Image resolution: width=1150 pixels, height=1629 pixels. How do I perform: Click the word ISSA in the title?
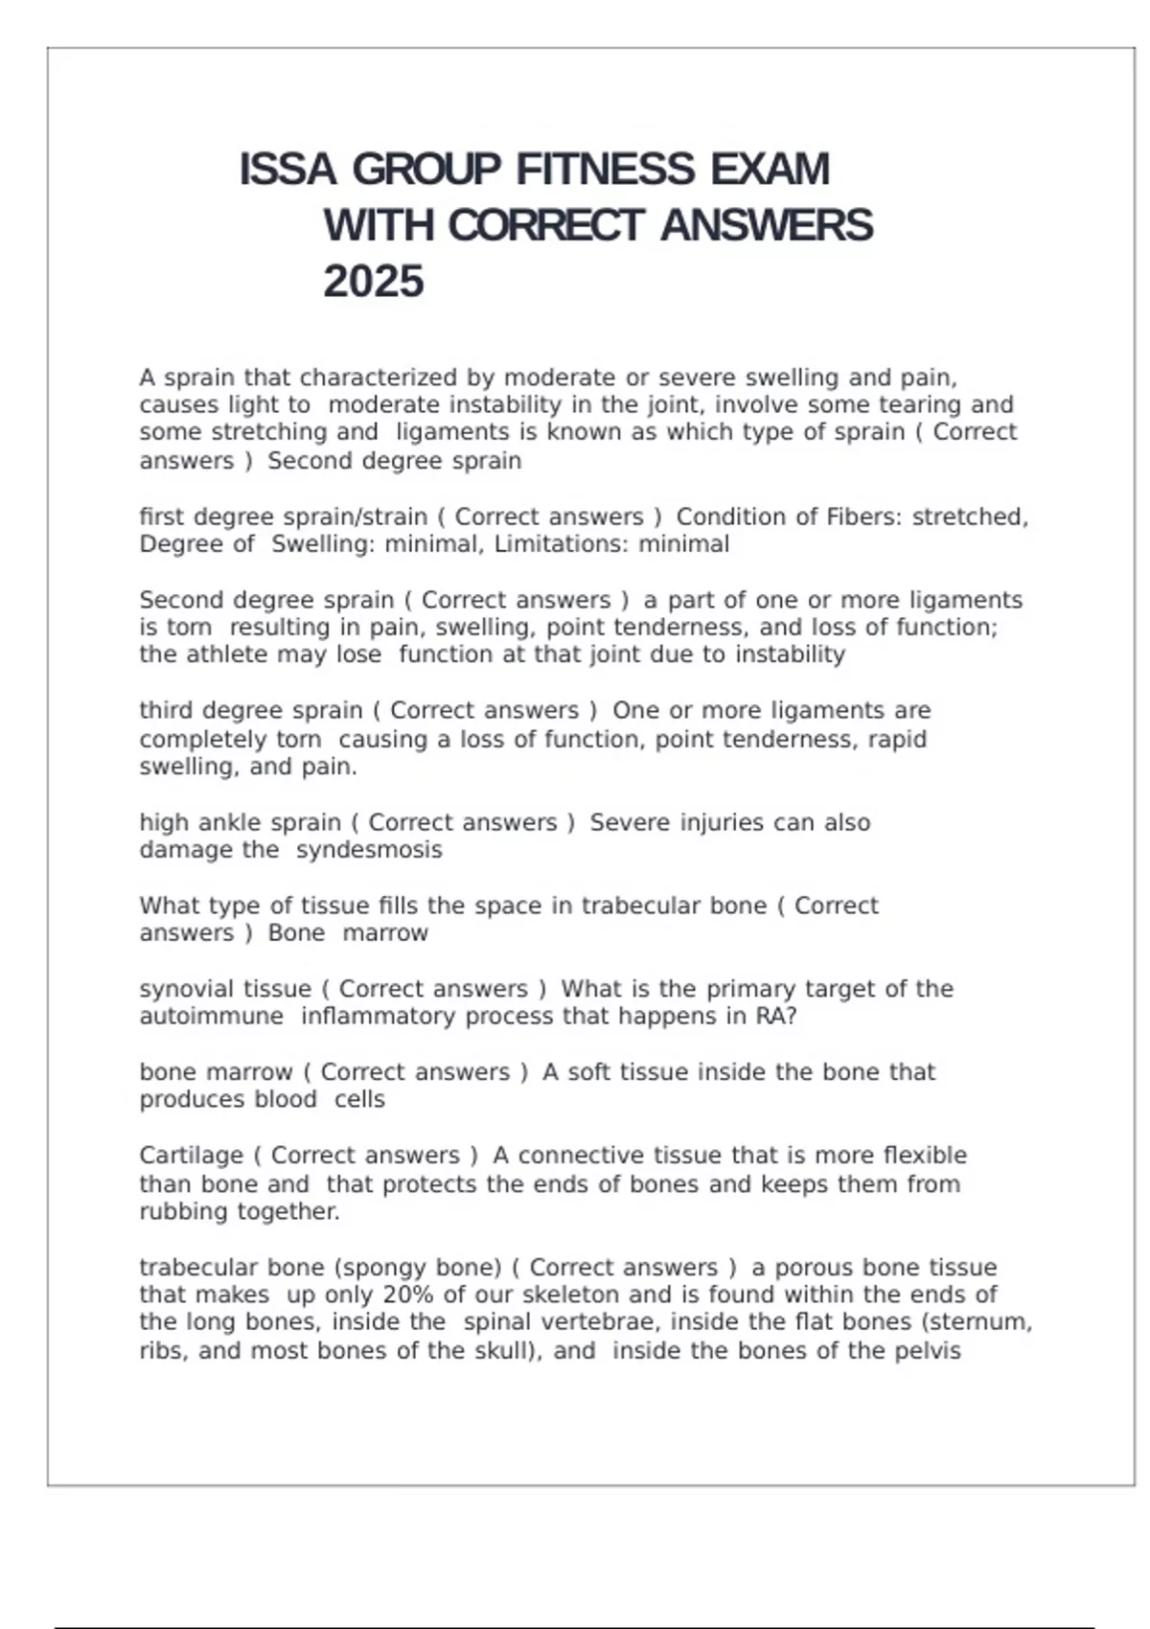[287, 170]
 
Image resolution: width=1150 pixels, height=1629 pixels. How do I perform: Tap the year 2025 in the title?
[374, 282]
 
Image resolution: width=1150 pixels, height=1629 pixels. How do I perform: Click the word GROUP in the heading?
[426, 170]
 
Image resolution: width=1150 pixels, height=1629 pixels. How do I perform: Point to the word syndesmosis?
[369, 850]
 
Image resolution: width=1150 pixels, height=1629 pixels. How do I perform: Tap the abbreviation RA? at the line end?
[776, 1016]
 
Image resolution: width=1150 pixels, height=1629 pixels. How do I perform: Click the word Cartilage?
[192, 1156]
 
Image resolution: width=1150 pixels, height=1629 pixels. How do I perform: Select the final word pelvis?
[927, 1351]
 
